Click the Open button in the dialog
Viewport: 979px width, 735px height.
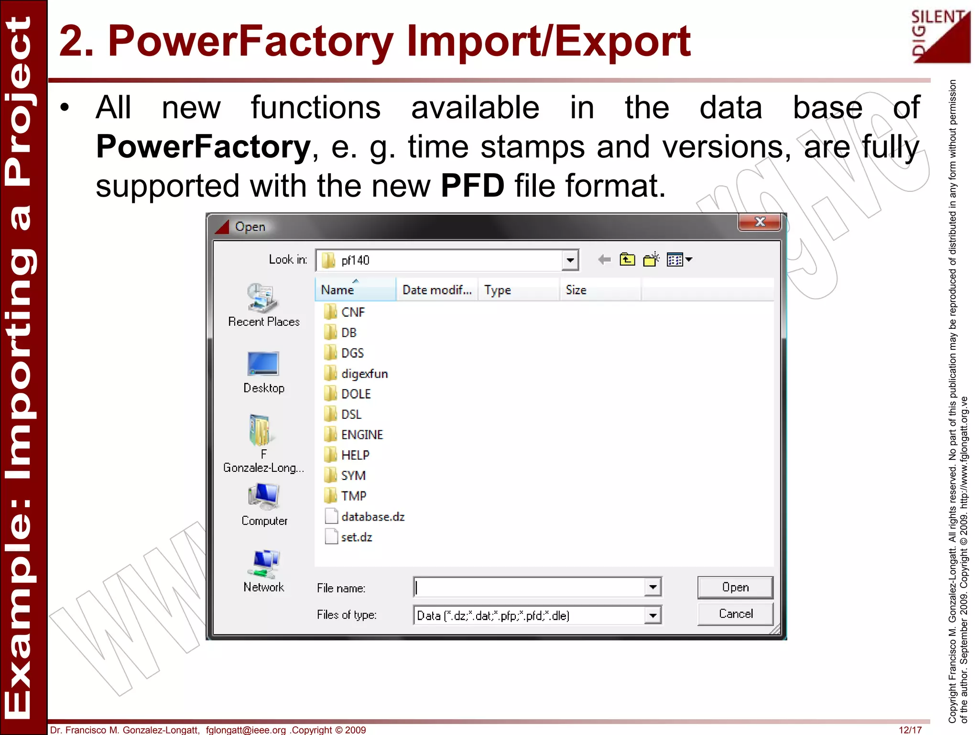(735, 587)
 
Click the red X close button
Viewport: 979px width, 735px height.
(760, 222)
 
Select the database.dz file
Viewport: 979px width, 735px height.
(372, 517)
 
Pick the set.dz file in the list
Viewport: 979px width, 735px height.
(356, 537)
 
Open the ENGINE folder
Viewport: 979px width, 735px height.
(361, 434)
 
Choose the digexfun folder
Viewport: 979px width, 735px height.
(364, 374)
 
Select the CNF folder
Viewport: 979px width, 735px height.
(353, 312)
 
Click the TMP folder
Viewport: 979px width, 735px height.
(353, 496)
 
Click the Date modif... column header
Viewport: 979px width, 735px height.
(437, 290)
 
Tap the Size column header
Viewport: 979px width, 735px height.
(576, 290)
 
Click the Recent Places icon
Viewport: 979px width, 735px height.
(262, 298)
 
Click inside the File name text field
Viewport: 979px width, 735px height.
(529, 587)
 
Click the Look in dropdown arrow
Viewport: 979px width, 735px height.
(570, 260)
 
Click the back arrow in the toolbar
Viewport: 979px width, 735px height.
(605, 260)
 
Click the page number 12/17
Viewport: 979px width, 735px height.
(910, 730)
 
